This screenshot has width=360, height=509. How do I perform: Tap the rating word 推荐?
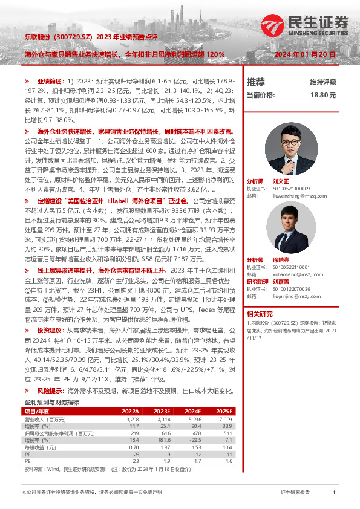256,82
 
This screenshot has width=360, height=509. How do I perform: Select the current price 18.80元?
322,95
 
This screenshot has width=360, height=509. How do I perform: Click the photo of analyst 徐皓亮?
287,224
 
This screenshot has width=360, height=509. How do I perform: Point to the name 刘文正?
281,181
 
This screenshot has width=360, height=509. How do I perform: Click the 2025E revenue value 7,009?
226,418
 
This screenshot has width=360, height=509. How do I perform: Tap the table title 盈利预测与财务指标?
51,403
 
